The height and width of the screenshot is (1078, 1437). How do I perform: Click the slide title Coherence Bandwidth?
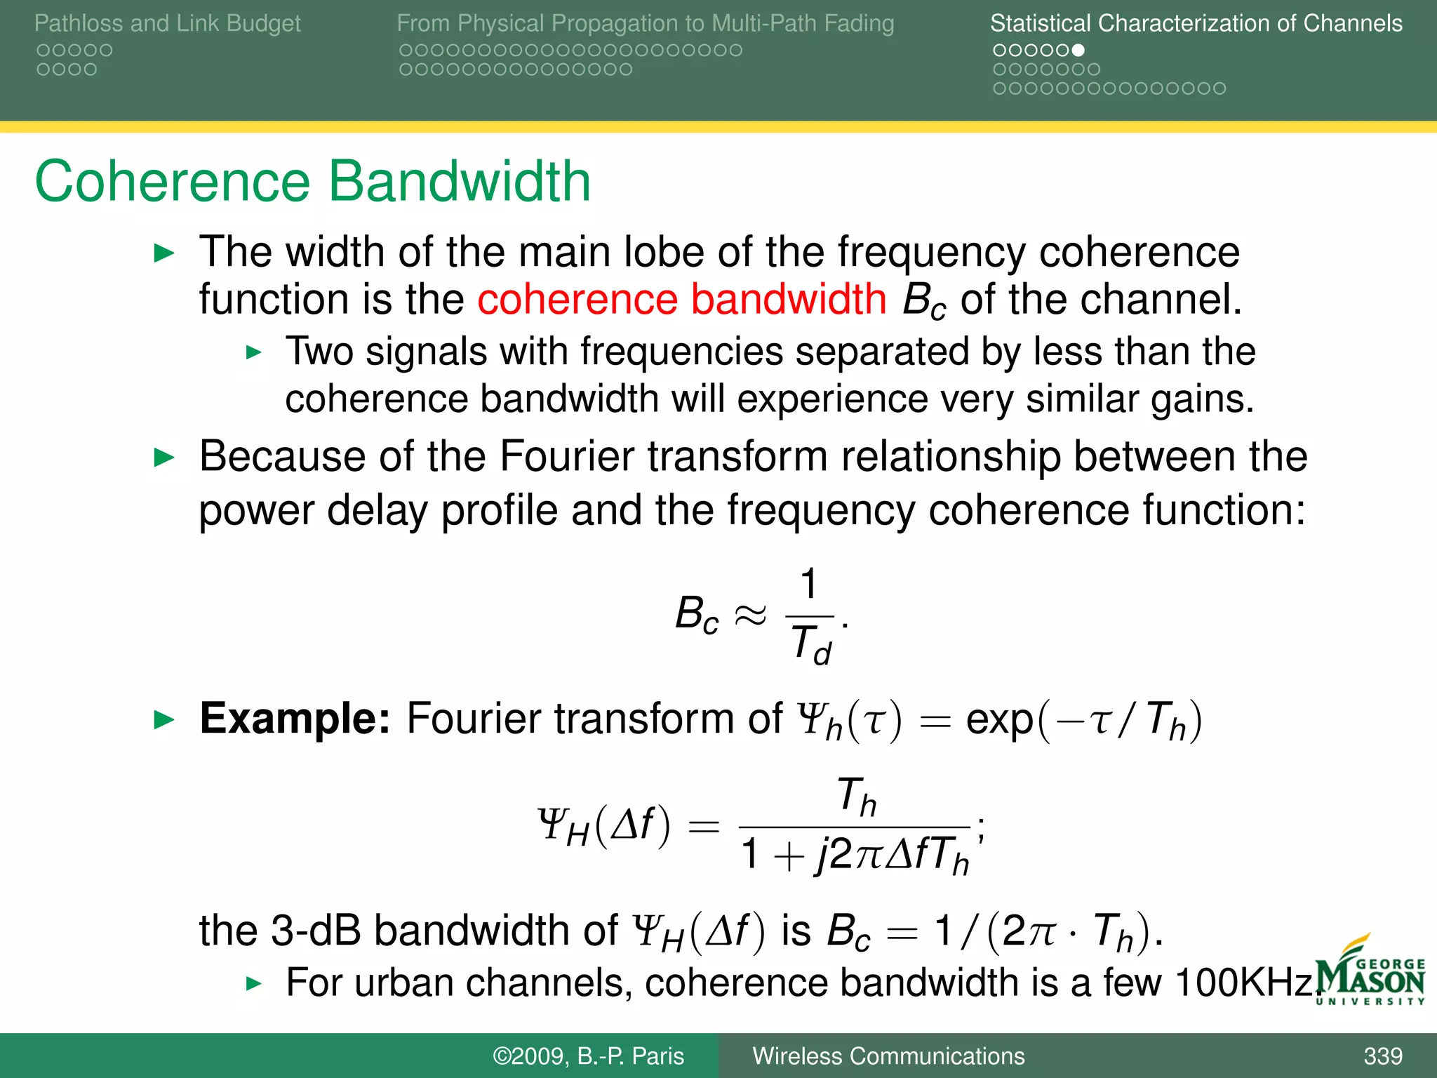click(312, 181)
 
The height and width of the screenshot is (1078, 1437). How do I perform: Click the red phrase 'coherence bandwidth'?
click(681, 300)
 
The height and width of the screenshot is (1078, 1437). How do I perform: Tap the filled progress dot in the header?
click(1078, 51)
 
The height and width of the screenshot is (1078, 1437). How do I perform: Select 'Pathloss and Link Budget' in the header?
click(167, 23)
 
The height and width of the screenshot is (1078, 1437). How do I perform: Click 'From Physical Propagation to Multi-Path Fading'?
click(645, 23)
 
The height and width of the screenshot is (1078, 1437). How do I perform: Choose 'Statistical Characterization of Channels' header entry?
click(1196, 23)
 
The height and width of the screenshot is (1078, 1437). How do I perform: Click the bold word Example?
click(295, 719)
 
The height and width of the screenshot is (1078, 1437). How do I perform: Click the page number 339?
click(1382, 1056)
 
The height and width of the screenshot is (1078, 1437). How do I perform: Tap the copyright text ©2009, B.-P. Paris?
click(588, 1056)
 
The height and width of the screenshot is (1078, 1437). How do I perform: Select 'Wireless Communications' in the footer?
click(888, 1056)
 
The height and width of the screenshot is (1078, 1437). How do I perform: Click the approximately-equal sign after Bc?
click(750, 615)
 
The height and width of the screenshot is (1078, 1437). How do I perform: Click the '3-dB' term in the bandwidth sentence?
click(314, 931)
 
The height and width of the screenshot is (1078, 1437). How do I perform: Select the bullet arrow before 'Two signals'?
click(254, 352)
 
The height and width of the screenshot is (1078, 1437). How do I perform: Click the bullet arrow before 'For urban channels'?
click(254, 983)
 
